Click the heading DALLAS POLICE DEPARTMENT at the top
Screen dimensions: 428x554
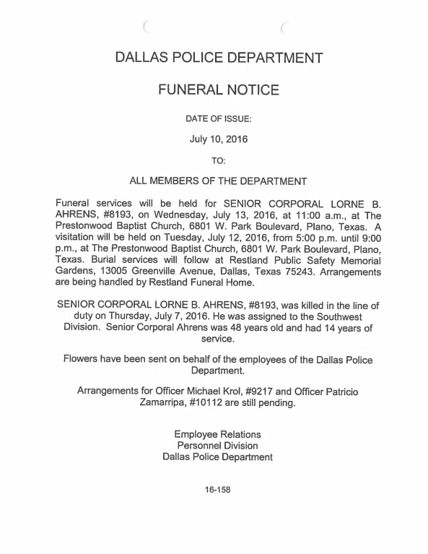218,57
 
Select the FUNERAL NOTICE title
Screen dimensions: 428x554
218,90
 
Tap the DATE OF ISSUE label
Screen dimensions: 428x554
218,118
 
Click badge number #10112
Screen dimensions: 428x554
206,403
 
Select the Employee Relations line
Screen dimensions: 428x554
218,434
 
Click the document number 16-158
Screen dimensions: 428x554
217,489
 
